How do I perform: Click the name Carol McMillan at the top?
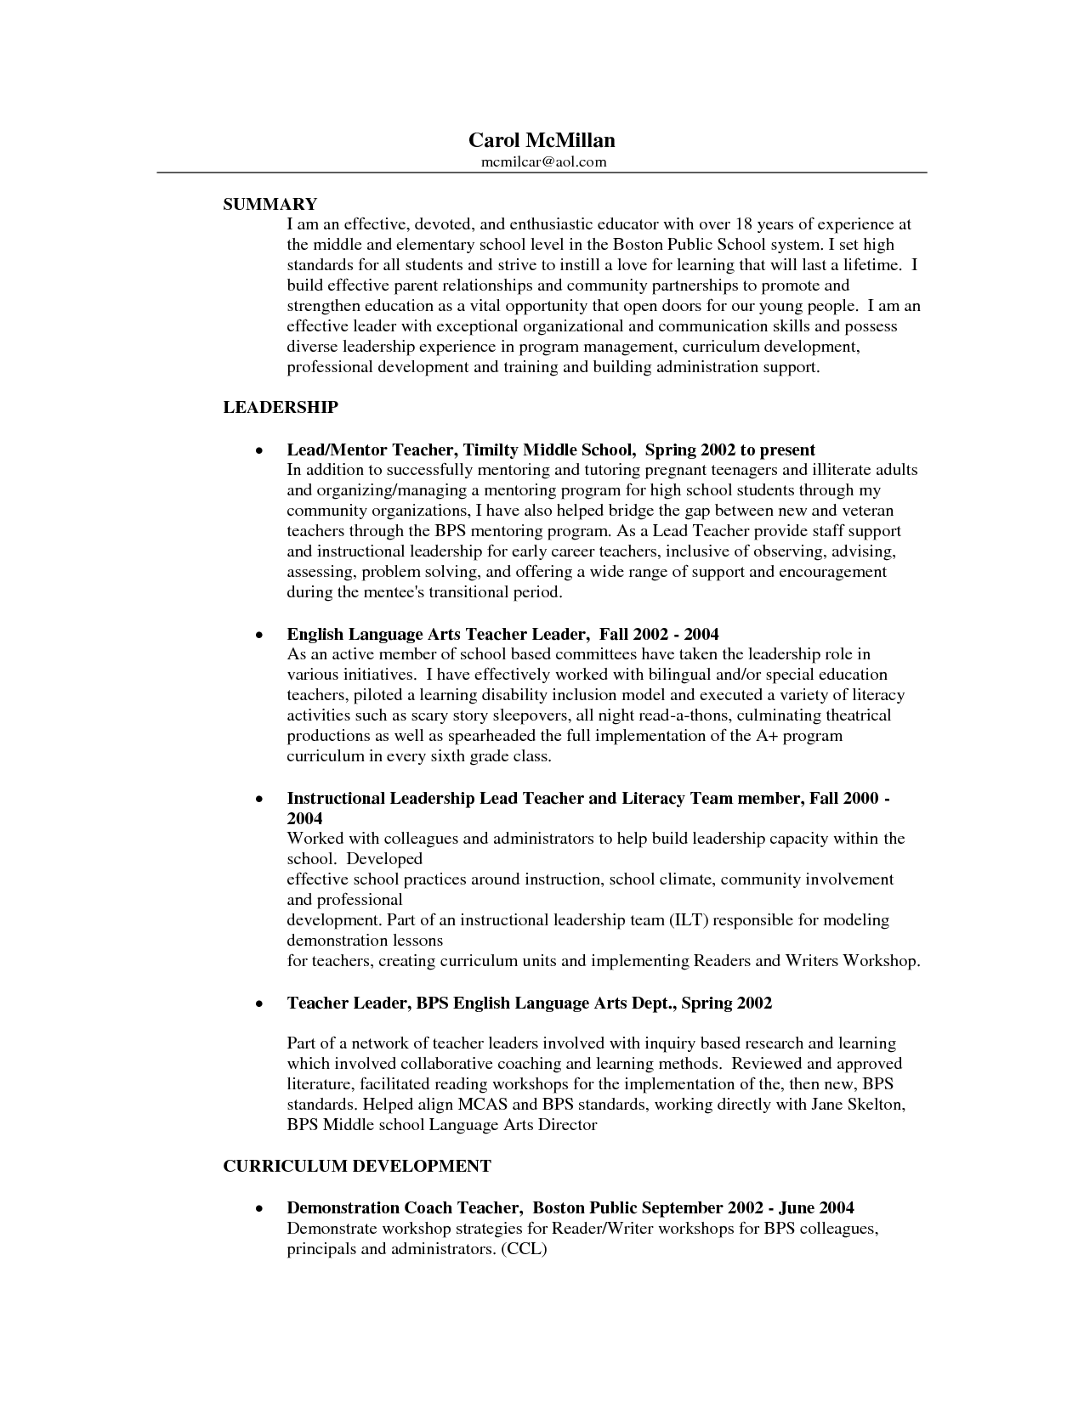point(542,140)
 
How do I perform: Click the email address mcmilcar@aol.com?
point(542,161)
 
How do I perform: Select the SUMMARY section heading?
point(270,204)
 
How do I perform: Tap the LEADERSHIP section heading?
point(281,408)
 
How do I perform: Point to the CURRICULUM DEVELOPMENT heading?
point(357,1167)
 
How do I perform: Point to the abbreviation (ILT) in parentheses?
point(688,920)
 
